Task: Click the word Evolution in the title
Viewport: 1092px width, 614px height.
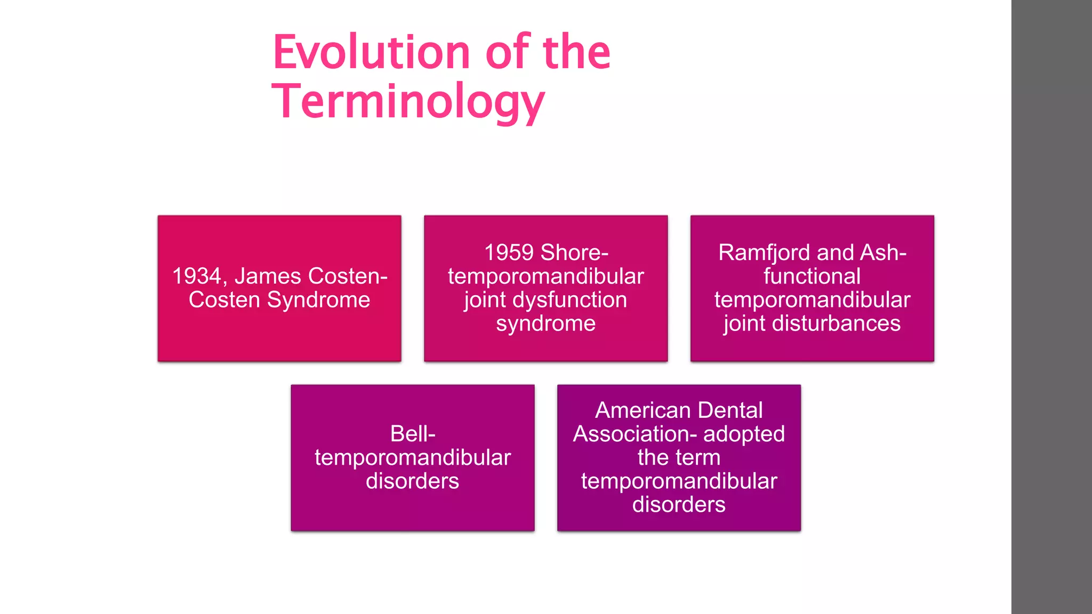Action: pyautogui.click(x=371, y=52)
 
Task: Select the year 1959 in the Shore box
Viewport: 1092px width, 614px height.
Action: pyautogui.click(x=509, y=253)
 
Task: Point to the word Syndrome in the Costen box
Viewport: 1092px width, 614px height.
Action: pyautogui.click(x=318, y=300)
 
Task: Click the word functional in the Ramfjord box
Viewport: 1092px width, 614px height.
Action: pyautogui.click(x=812, y=276)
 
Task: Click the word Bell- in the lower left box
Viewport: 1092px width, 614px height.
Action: pyautogui.click(x=413, y=434)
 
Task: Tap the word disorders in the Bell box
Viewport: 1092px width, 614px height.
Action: pyautogui.click(x=412, y=481)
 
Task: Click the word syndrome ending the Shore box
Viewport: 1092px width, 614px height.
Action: pyautogui.click(x=545, y=324)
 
